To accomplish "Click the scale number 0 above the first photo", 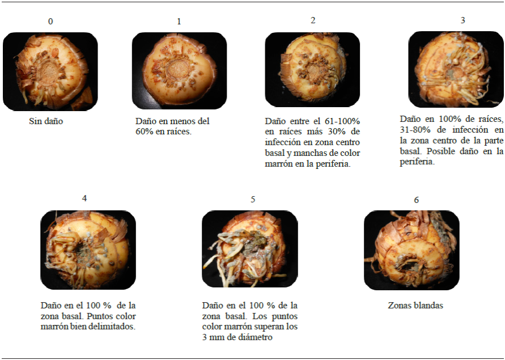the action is [50, 22].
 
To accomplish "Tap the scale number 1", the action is [179, 22].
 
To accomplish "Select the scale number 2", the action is [313, 20].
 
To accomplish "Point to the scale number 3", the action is [462, 20].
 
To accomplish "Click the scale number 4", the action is [84, 198].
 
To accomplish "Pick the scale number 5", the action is [253, 199].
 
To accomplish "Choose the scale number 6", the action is [416, 200].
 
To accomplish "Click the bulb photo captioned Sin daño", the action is [50, 71].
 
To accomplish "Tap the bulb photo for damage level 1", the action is [180, 70].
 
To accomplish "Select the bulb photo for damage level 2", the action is [312, 69].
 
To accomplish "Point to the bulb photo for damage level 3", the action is [456, 69].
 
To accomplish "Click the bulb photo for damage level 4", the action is [88, 250].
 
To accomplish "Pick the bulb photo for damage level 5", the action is [249, 249].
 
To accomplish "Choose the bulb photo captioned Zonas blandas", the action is [411, 250].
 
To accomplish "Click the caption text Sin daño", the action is [46, 121].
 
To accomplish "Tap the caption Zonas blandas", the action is [415, 305].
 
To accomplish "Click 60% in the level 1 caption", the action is [143, 132].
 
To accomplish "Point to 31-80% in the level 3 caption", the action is [415, 130].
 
